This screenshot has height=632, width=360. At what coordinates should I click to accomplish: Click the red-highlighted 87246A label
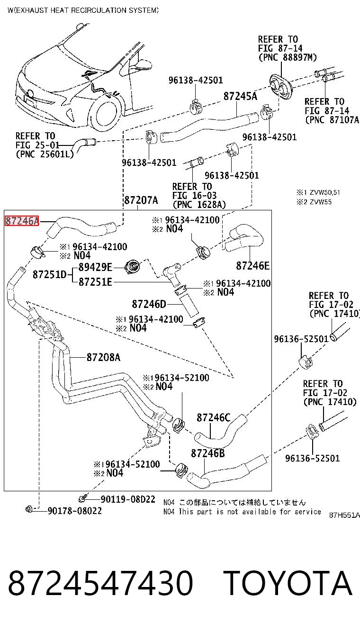point(22,221)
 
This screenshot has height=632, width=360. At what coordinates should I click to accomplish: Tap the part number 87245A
point(240,96)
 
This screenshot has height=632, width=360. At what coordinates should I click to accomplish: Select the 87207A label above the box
point(141,200)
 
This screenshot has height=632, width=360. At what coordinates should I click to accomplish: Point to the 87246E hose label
point(253,265)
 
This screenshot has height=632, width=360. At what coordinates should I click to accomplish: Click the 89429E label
point(95,267)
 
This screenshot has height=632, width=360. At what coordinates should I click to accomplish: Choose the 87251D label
point(50,274)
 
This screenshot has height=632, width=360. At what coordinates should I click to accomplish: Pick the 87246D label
point(149,304)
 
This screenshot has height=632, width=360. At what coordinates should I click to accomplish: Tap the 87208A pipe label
point(103,357)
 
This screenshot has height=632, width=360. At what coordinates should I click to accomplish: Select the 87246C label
point(214,417)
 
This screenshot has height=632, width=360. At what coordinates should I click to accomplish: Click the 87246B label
point(208,453)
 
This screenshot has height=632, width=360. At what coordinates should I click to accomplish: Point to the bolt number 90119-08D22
point(128,499)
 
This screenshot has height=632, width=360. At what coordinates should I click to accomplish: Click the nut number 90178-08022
point(75,511)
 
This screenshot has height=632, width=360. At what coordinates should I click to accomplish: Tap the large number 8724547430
point(100,583)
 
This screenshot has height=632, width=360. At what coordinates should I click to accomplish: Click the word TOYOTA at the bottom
point(288,583)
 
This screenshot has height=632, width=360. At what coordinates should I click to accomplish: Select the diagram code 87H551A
point(344,515)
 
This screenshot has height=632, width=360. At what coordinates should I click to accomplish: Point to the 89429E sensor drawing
point(132,267)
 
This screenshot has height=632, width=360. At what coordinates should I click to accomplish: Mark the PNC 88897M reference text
point(288,57)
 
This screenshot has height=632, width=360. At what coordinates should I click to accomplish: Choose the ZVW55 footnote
point(314,202)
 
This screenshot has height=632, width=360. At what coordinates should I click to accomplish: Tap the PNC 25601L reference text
point(45,154)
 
